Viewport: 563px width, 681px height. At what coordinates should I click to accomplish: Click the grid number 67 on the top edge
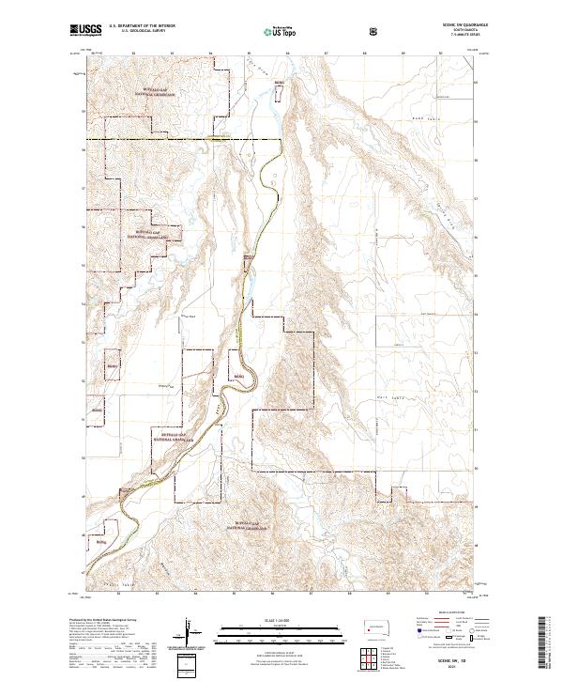point(325,54)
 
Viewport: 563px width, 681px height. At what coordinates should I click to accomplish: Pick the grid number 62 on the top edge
point(132,54)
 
